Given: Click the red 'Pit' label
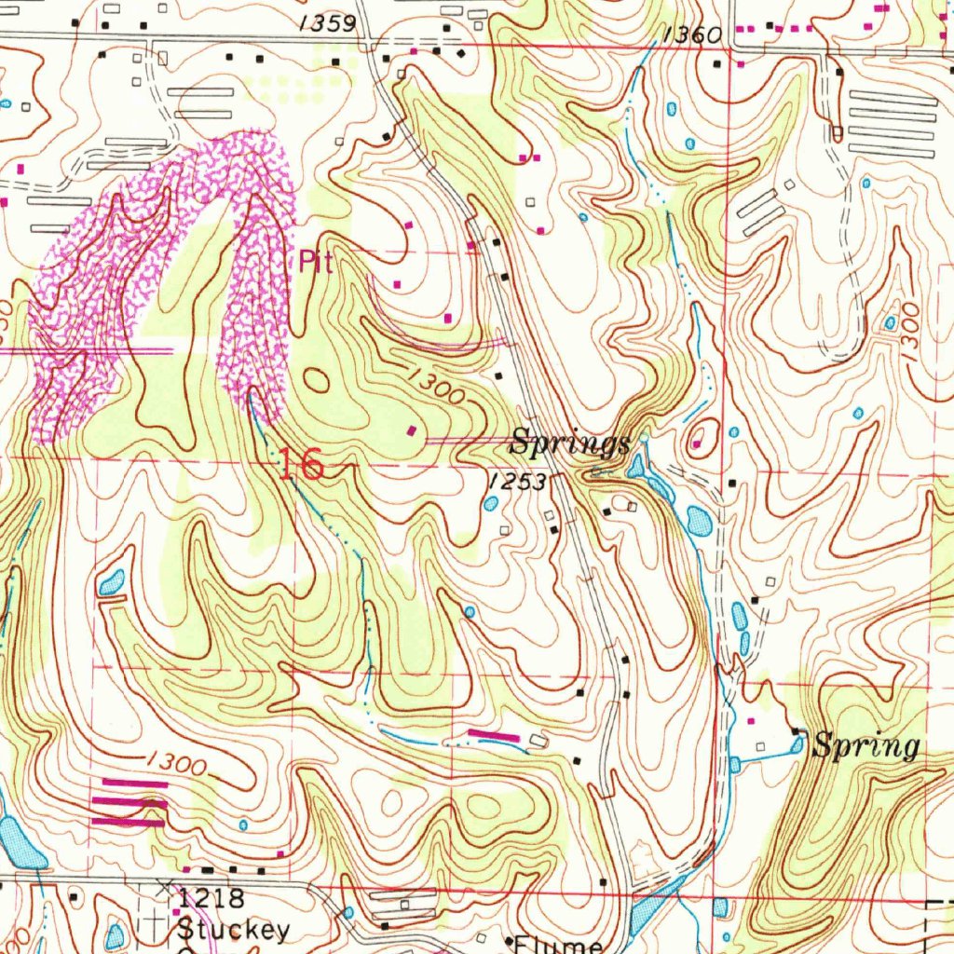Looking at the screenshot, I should pyautogui.click(x=316, y=261).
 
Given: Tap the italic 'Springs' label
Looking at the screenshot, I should pyautogui.click(x=570, y=443).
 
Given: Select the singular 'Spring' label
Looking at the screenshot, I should pyautogui.click(x=865, y=746).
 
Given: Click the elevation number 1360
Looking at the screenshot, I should pyautogui.click(x=693, y=35).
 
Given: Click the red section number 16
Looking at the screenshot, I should pyautogui.click(x=301, y=464).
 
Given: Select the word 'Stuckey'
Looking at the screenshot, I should pyautogui.click(x=233, y=929).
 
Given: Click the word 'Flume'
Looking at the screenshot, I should pyautogui.click(x=558, y=945).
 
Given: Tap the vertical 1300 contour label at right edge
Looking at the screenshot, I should pyautogui.click(x=910, y=325).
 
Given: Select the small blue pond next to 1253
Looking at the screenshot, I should pyautogui.click(x=491, y=504).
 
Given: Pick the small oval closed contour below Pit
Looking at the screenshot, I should pyautogui.click(x=317, y=380).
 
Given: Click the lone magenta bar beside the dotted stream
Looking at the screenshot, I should pyautogui.click(x=493, y=736).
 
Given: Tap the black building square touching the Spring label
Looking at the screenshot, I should pyautogui.click(x=797, y=732).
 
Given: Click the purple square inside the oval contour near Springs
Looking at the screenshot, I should pyautogui.click(x=697, y=444).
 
